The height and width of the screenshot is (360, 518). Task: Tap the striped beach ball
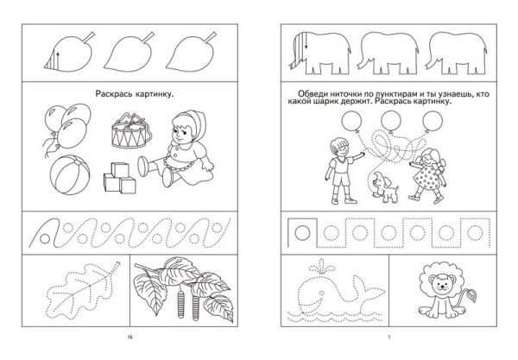click(70, 174)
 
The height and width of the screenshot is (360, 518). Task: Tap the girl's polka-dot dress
click(428, 175)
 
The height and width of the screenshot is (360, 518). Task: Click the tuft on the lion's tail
click(471, 294)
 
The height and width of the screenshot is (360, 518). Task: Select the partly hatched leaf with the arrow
click(69, 52)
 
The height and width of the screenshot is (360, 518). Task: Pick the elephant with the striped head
click(319, 53)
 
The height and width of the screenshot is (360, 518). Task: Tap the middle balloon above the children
click(391, 121)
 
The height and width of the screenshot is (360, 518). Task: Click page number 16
click(129, 338)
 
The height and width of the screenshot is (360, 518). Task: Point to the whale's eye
click(320, 294)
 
